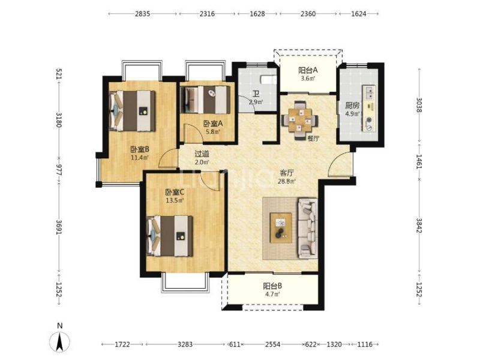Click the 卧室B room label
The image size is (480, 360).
click(x=140, y=149)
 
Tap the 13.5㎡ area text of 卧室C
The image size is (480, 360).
click(x=175, y=200)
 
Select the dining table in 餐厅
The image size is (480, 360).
click(x=299, y=121)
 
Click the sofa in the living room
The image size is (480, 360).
click(x=308, y=227)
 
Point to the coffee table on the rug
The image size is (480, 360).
click(x=280, y=228)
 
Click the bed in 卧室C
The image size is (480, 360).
click(x=170, y=236)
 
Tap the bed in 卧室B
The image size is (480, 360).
click(x=132, y=111)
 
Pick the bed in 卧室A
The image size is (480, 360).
click(x=205, y=100)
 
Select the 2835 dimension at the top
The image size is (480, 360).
click(x=143, y=14)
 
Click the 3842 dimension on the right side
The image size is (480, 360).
click(x=419, y=225)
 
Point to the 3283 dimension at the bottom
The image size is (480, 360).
click(x=185, y=344)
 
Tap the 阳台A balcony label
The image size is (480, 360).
click(x=308, y=70)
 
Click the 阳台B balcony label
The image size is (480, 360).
click(x=272, y=286)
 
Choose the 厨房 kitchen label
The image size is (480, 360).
click(x=352, y=106)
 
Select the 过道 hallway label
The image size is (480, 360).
click(x=202, y=154)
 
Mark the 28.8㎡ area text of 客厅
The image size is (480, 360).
click(x=287, y=181)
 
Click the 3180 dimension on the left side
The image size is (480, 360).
click(x=59, y=120)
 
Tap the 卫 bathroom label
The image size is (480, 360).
click(x=256, y=94)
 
